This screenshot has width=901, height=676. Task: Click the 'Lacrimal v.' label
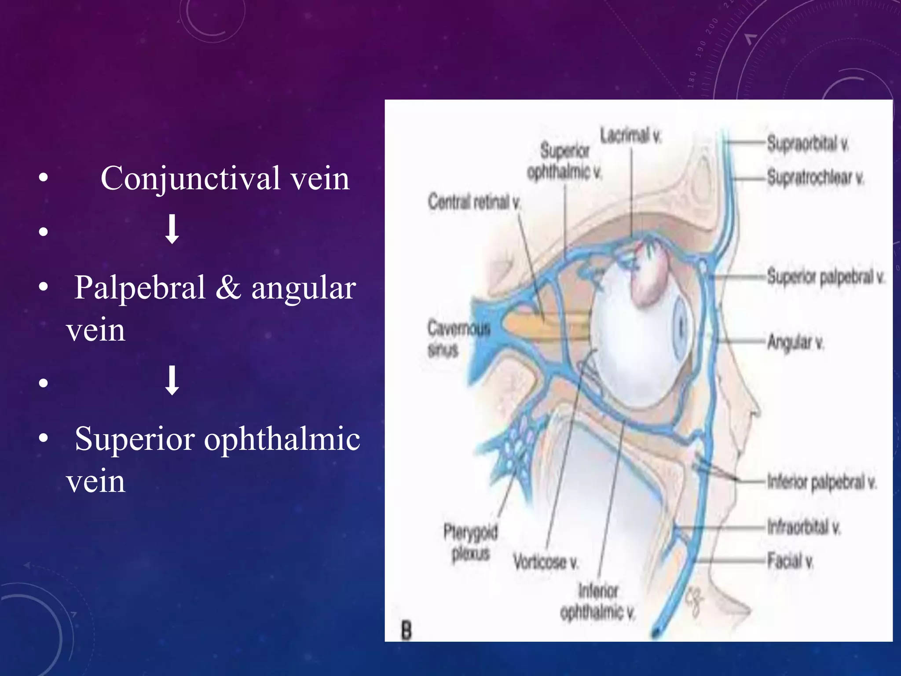pyautogui.click(x=630, y=136)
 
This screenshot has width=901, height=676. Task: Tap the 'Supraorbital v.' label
pyautogui.click(x=807, y=144)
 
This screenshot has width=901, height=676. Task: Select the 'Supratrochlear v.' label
pyautogui.click(x=815, y=177)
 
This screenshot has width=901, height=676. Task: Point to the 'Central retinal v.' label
pyautogui.click(x=474, y=202)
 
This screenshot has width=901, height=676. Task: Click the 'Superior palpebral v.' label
pyautogui.click(x=825, y=277)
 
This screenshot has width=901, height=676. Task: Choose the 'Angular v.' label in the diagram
pyautogui.click(x=795, y=342)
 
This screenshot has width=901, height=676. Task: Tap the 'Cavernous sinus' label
pyautogui.click(x=458, y=339)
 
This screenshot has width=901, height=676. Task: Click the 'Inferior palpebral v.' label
pyautogui.click(x=821, y=482)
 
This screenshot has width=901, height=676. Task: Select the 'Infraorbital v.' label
pyautogui.click(x=803, y=526)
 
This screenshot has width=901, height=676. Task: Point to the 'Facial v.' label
pyautogui.click(x=790, y=561)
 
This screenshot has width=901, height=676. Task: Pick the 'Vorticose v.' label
pyautogui.click(x=546, y=562)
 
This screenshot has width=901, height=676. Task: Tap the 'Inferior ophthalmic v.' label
pyautogui.click(x=598, y=601)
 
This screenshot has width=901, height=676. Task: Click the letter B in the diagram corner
pyautogui.click(x=406, y=630)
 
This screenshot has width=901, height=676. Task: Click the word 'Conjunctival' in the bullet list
pyautogui.click(x=190, y=179)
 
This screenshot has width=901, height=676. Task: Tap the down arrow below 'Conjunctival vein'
pyautogui.click(x=172, y=229)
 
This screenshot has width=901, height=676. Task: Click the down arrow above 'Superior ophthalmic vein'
pyautogui.click(x=172, y=380)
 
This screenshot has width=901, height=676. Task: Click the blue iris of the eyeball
pyautogui.click(x=681, y=327)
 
